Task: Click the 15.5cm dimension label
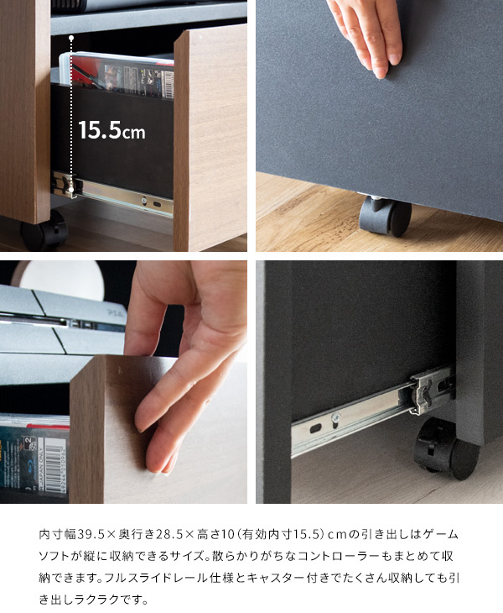(111, 130)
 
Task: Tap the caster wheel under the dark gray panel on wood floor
(385, 216)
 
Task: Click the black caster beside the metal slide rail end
(447, 448)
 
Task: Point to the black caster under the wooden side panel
(44, 231)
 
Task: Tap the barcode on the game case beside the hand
(53, 464)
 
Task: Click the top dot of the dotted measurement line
(71, 38)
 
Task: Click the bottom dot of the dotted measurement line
(71, 190)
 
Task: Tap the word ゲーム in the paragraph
(442, 534)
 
